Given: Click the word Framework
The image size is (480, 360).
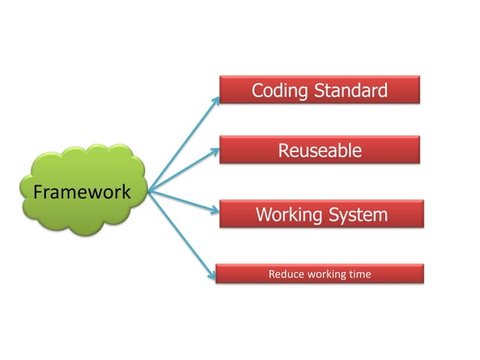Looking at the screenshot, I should click(x=81, y=191).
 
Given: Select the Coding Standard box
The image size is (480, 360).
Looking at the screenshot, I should click(x=319, y=90).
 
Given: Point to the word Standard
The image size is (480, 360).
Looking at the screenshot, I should click(x=351, y=91).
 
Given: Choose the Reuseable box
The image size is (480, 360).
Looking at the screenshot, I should click(x=319, y=150).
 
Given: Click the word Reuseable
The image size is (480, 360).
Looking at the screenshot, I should click(x=320, y=151).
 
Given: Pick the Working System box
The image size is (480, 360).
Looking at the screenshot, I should click(x=321, y=214).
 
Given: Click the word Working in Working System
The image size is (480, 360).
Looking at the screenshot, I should click(x=288, y=215).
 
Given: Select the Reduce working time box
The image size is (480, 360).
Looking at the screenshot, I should click(x=320, y=273).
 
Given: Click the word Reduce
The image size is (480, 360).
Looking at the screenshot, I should click(x=286, y=274).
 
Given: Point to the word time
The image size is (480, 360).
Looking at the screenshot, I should click(x=360, y=274).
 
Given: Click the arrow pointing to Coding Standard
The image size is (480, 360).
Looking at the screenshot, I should click(x=184, y=144).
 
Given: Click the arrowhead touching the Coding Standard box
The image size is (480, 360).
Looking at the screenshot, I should click(x=216, y=99).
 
